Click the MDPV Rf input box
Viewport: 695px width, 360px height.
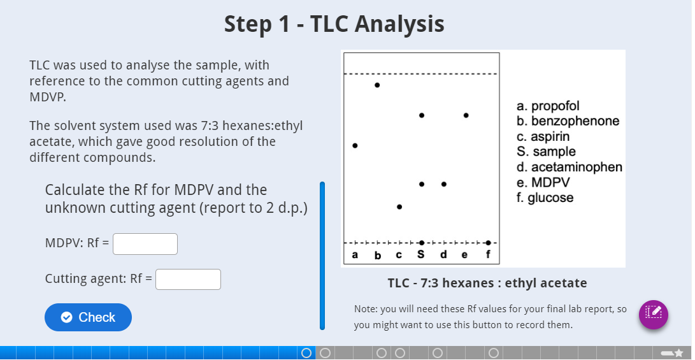pyautogui.click(x=145, y=244)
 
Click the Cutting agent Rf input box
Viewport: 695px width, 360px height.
pyautogui.click(x=189, y=279)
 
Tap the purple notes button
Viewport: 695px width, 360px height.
pyautogui.click(x=654, y=314)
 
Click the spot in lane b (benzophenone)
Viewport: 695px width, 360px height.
pyautogui.click(x=377, y=85)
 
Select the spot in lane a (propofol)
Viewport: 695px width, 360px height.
pyautogui.click(x=355, y=146)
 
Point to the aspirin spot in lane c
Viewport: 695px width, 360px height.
pyautogui.click(x=399, y=207)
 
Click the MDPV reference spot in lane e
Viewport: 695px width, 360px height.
pyautogui.click(x=466, y=115)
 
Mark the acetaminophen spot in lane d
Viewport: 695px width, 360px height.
pyautogui.click(x=444, y=184)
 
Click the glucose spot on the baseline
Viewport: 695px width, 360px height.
pyautogui.click(x=488, y=243)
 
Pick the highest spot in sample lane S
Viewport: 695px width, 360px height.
pyautogui.click(x=422, y=115)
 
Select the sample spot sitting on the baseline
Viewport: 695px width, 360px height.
pyautogui.click(x=422, y=243)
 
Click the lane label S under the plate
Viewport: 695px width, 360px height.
pyautogui.click(x=421, y=256)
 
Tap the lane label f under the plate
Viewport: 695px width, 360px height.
pyautogui.click(x=489, y=256)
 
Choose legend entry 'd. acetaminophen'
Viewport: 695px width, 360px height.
pyautogui.click(x=570, y=167)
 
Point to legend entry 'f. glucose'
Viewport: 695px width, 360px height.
pyautogui.click(x=545, y=198)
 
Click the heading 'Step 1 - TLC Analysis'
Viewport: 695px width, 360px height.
pyautogui.click(x=334, y=24)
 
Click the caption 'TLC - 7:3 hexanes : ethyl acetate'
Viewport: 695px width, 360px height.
pyautogui.click(x=487, y=283)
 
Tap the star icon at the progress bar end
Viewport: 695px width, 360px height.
pyautogui.click(x=679, y=352)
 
